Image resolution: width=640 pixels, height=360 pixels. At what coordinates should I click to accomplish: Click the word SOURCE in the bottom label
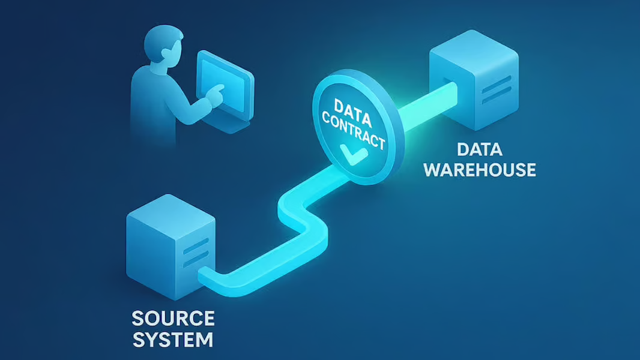(x=173, y=319)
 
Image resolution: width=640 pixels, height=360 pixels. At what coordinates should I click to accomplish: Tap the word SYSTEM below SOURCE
(x=173, y=340)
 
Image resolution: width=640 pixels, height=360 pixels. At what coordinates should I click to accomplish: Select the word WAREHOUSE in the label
(x=480, y=170)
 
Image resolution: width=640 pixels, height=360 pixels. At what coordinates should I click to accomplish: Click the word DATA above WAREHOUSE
(x=480, y=149)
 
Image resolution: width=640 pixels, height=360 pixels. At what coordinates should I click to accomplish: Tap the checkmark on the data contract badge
(x=354, y=154)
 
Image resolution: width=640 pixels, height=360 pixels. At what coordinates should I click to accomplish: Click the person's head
(x=163, y=46)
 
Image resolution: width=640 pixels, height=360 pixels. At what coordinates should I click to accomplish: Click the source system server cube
(x=171, y=247)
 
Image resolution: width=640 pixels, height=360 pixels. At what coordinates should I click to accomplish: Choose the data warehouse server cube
(x=474, y=80)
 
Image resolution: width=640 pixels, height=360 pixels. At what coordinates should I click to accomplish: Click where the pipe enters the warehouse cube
(x=451, y=87)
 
